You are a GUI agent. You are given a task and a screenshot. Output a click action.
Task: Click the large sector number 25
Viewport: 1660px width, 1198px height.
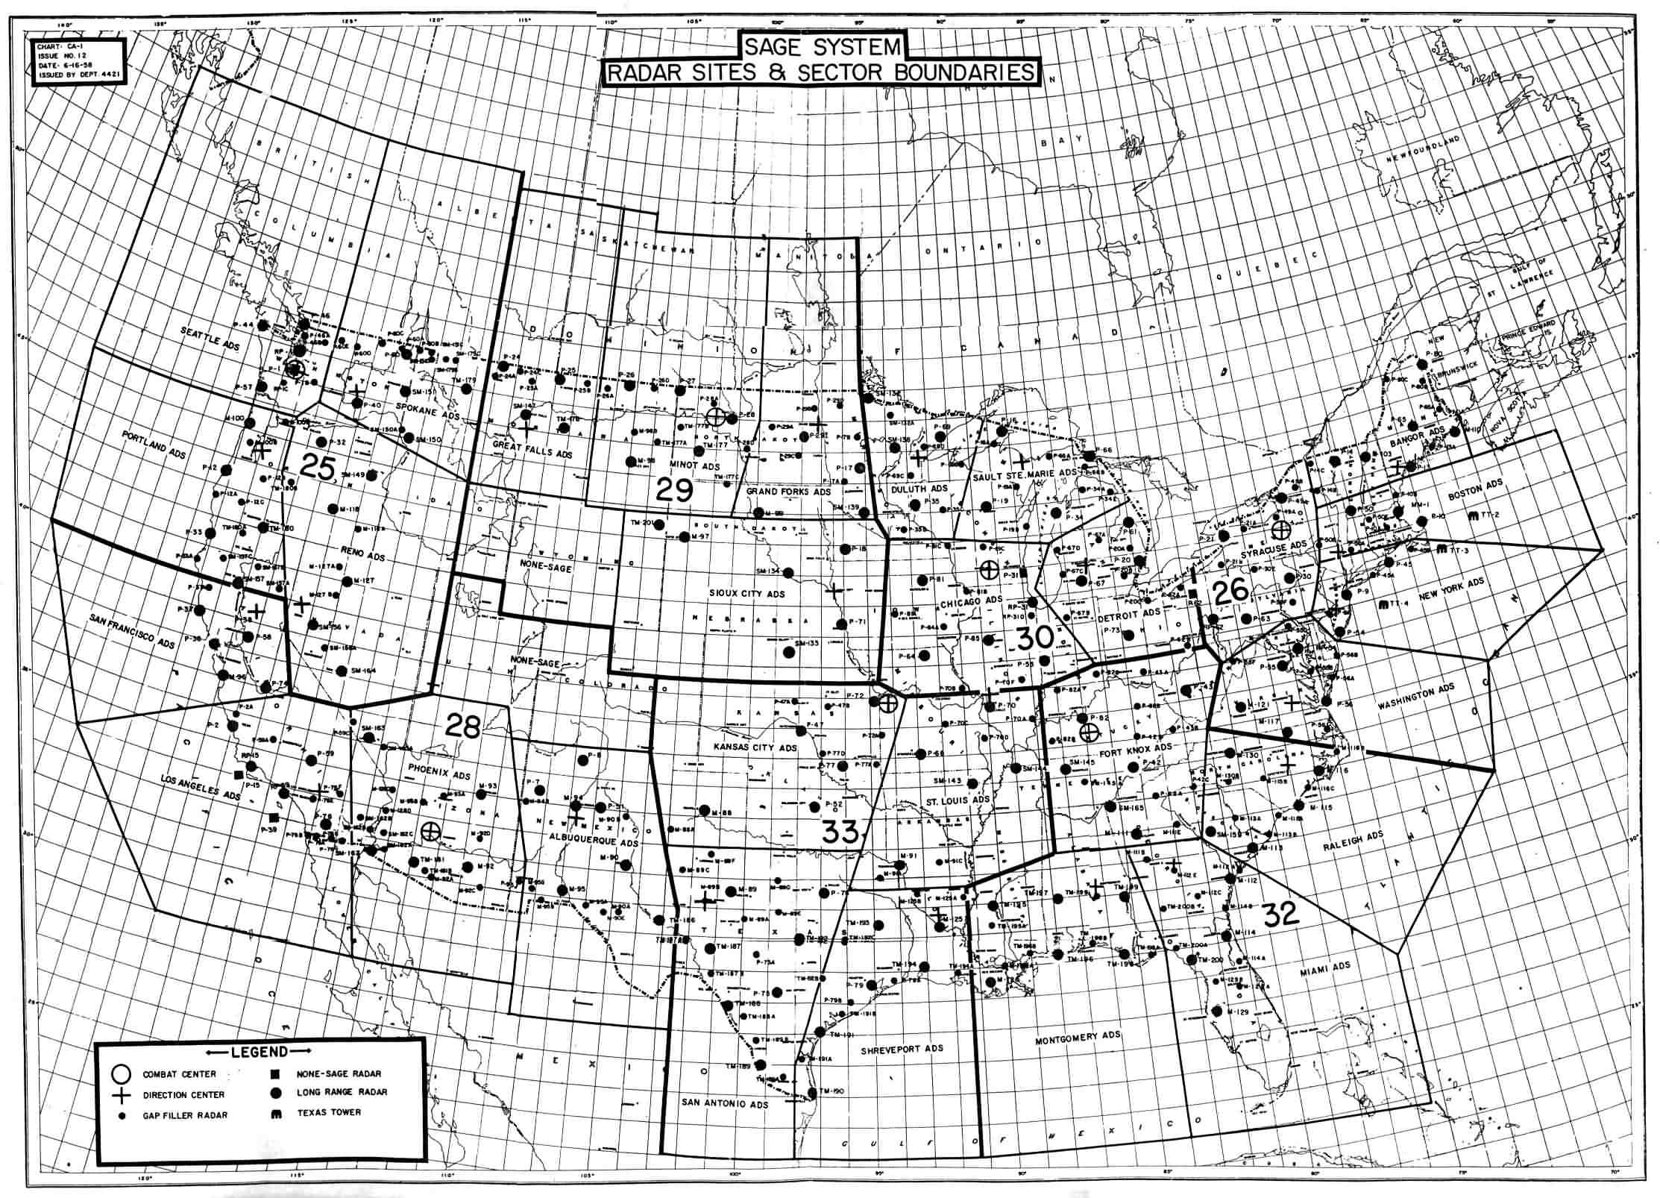coord(317,466)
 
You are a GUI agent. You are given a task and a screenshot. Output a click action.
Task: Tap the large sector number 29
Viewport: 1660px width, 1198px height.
coord(675,490)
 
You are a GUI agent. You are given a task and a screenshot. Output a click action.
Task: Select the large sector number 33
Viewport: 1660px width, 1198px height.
coord(840,831)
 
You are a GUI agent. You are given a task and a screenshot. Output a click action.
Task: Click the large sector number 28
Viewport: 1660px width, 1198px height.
coord(462,725)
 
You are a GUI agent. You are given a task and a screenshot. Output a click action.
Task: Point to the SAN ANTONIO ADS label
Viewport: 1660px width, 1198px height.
coord(726,1104)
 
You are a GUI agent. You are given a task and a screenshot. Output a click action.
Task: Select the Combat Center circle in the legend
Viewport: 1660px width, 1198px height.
coord(121,1074)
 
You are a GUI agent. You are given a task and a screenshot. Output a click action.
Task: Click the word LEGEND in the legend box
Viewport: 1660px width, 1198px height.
coord(259,1052)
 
